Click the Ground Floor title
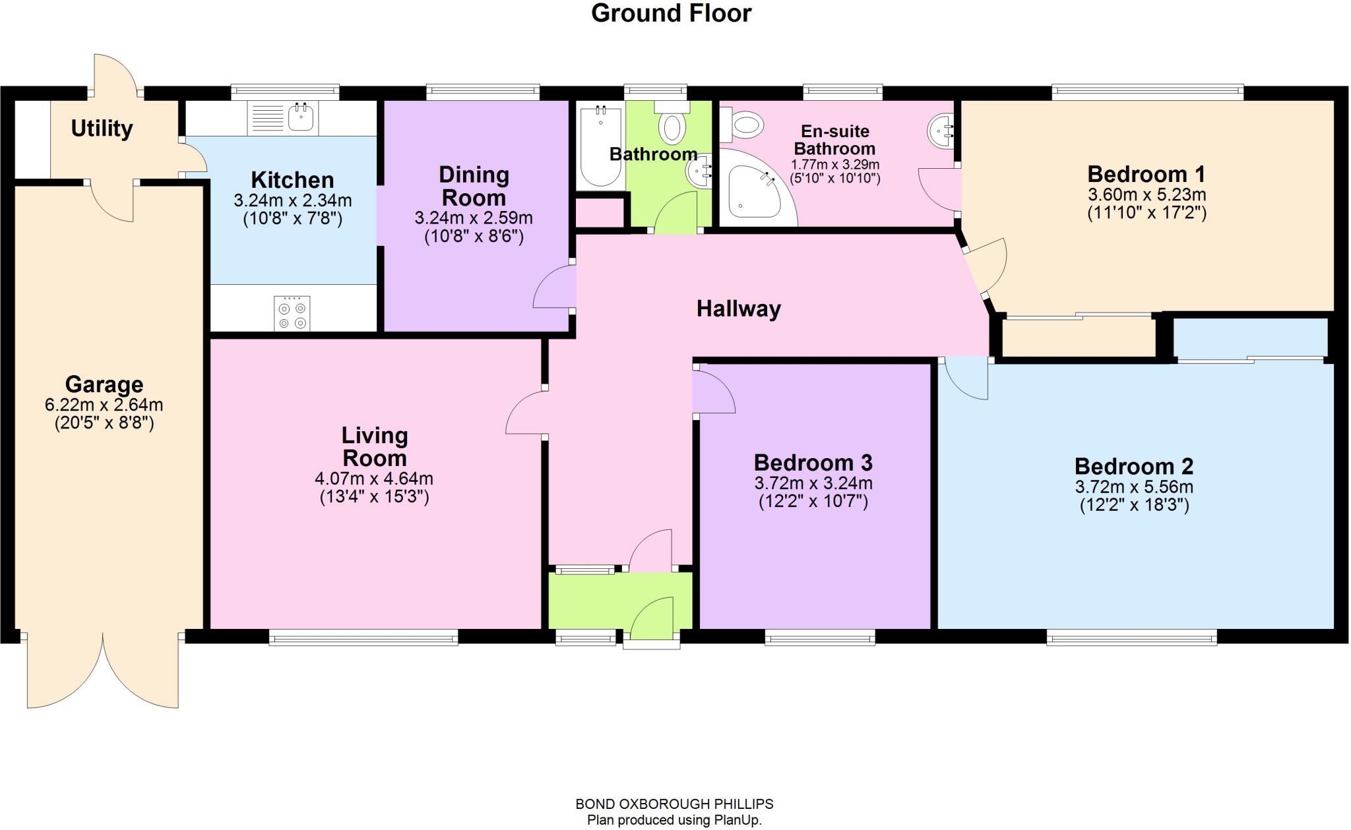pyautogui.click(x=671, y=13)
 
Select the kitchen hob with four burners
pyautogui.click(x=292, y=314)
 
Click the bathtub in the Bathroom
pyautogui.click(x=600, y=146)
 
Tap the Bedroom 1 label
pyautogui.click(x=1146, y=174)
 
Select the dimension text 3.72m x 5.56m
pyautogui.click(x=1134, y=487)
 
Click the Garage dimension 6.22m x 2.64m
pyautogui.click(x=104, y=405)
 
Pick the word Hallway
pyautogui.click(x=738, y=309)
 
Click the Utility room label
pyautogui.click(x=102, y=129)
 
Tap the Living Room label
pyautogui.click(x=374, y=446)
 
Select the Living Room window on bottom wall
pyautogui.click(x=363, y=637)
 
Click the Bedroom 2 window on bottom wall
pyautogui.click(x=1131, y=637)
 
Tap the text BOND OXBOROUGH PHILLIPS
pyautogui.click(x=674, y=804)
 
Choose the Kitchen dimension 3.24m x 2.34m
pyautogui.click(x=292, y=200)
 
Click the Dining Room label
pyautogui.click(x=474, y=186)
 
